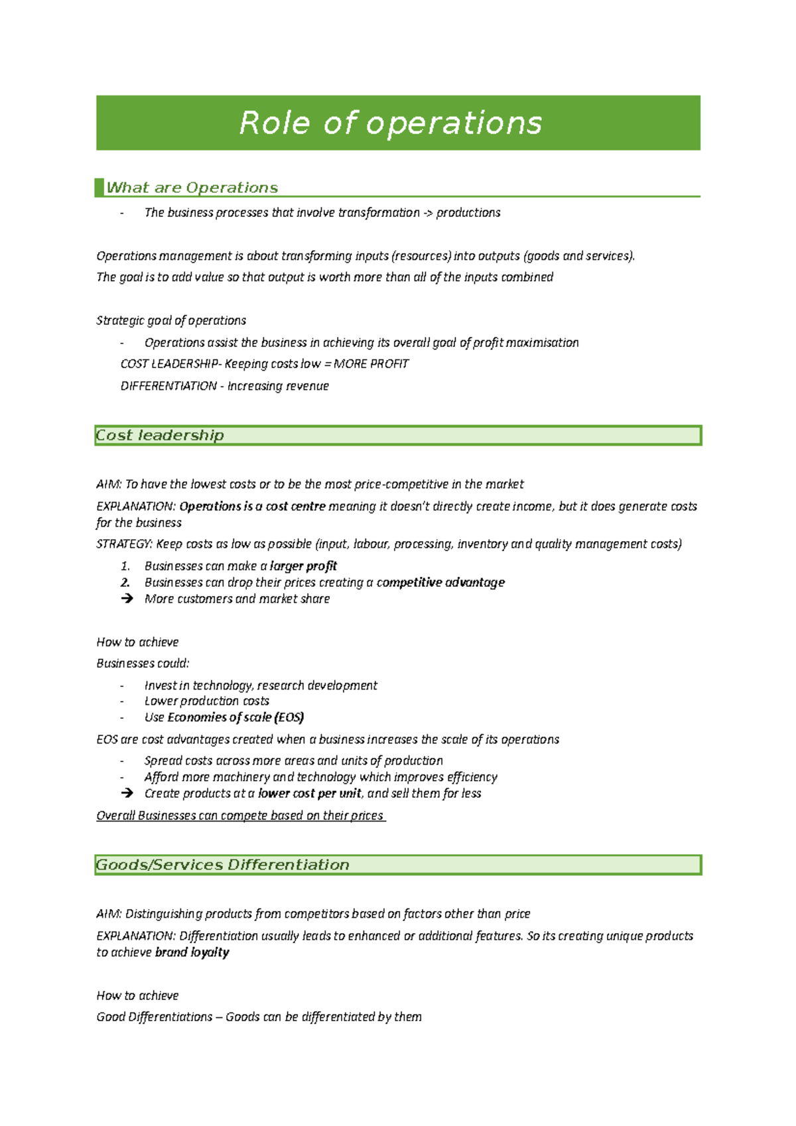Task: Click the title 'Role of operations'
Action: point(390,123)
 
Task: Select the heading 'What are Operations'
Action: point(192,188)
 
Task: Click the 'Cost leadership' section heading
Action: point(160,436)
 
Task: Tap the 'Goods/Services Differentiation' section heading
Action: point(222,865)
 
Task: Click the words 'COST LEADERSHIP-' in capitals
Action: point(170,364)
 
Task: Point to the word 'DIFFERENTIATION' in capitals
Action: point(168,386)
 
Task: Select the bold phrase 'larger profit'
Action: point(303,566)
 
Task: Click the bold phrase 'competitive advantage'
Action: point(440,582)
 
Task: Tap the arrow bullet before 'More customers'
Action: point(127,599)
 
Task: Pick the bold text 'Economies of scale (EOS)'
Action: point(235,718)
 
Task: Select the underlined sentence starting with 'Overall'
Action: point(240,816)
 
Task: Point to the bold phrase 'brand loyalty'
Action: point(192,953)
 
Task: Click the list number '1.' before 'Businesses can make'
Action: point(125,566)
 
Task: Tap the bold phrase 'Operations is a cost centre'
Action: point(252,507)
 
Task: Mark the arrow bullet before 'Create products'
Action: point(127,794)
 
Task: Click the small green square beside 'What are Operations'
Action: point(99,187)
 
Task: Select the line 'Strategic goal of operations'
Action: point(171,321)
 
